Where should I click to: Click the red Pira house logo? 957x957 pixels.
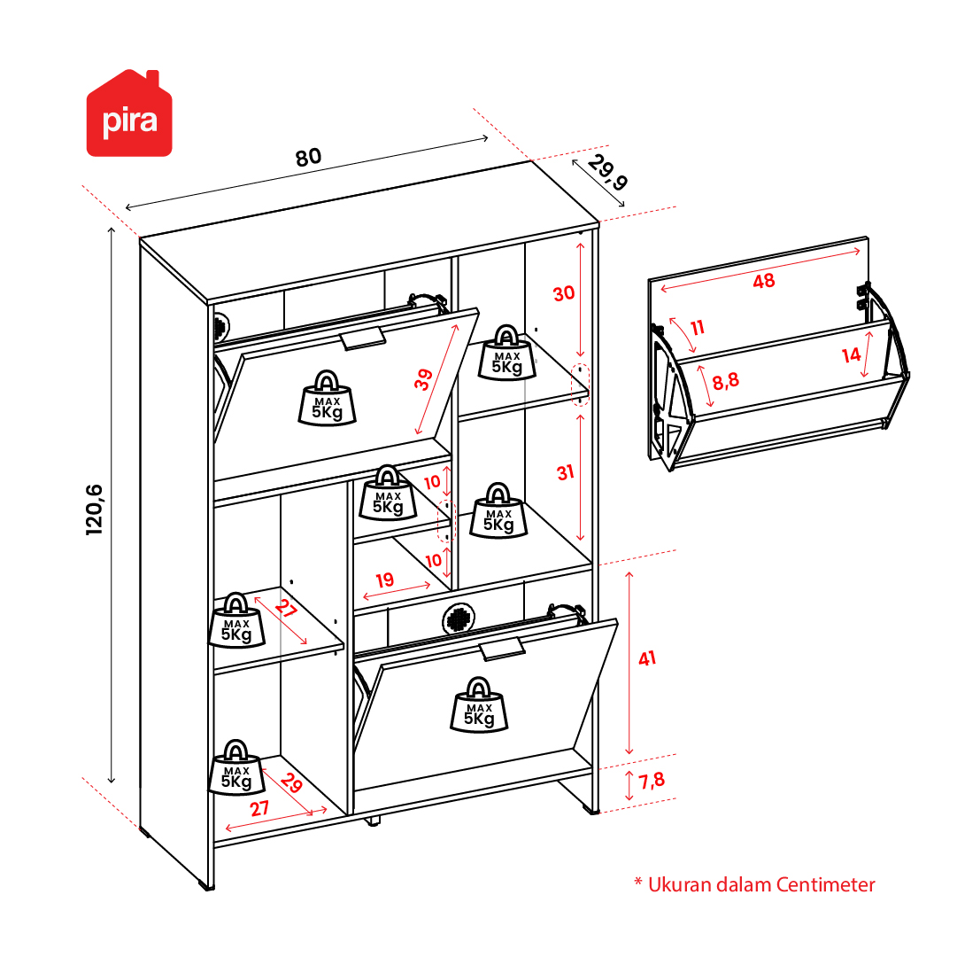(129, 113)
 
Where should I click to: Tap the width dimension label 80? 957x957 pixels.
(308, 157)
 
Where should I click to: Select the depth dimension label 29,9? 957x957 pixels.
(607, 173)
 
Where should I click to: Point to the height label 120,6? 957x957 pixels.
(94, 510)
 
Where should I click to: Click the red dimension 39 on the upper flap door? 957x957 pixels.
(423, 379)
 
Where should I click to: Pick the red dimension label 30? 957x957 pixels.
(564, 293)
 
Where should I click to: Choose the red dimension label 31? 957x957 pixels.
(565, 472)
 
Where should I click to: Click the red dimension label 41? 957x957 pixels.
(647, 658)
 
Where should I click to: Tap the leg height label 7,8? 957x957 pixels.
(652, 780)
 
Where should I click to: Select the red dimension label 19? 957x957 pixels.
(384, 580)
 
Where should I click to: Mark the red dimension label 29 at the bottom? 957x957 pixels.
(292, 783)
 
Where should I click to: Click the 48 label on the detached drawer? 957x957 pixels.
(763, 281)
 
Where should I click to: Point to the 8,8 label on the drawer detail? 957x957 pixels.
(726, 381)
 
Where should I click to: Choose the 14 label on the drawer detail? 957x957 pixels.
(851, 354)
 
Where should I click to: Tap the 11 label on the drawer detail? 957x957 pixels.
(698, 328)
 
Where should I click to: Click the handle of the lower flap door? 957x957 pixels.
(502, 649)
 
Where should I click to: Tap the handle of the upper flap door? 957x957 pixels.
(363, 338)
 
